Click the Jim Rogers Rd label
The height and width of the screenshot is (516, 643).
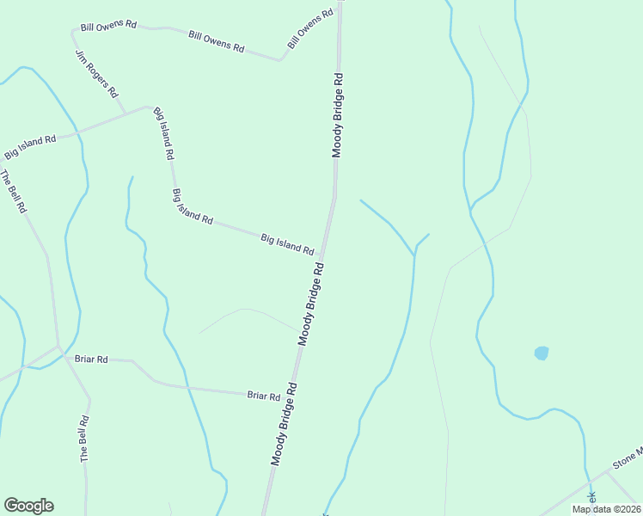(96, 73)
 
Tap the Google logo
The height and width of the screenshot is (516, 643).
(28, 506)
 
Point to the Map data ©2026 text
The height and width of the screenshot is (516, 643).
(606, 508)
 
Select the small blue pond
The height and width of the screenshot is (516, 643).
(541, 353)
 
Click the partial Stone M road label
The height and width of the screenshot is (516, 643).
(627, 457)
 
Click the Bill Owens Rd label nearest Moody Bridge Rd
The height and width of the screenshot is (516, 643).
(310, 29)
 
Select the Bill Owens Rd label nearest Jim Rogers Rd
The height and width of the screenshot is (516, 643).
(108, 26)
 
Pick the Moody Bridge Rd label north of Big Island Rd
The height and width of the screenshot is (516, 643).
(339, 115)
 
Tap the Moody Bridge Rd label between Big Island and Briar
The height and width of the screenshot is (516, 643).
(311, 304)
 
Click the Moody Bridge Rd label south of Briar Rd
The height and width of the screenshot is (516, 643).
(284, 424)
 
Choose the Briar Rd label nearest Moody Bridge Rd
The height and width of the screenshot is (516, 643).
(264, 396)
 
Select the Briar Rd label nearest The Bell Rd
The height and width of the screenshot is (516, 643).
(91, 359)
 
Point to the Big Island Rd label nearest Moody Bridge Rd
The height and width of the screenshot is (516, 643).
(287, 244)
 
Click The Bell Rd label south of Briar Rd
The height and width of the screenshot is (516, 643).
(84, 440)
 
